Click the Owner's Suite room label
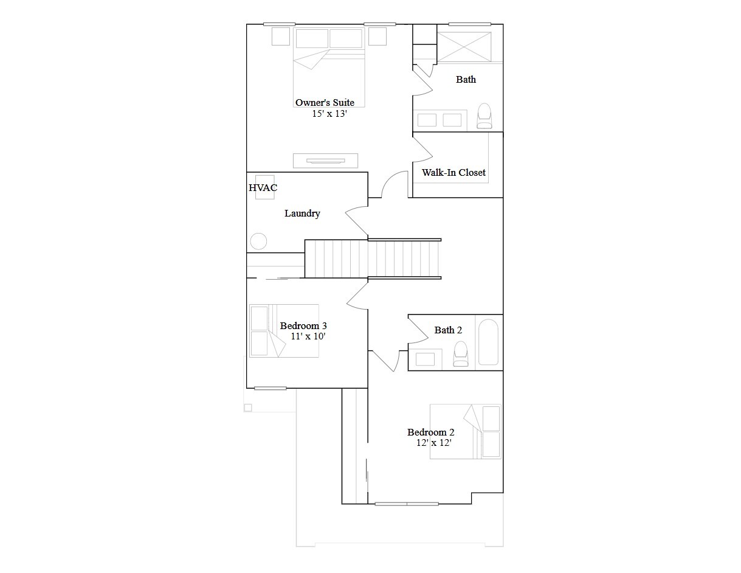pos(325,103)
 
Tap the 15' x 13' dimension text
pos(329,114)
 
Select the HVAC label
pos(263,188)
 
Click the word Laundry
pos(302,214)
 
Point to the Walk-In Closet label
pos(453,173)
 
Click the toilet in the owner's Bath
pos(484,116)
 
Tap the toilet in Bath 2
pos(461,354)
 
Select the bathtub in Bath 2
pos(488,342)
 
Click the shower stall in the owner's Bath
pos(464,47)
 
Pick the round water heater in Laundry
pos(258,241)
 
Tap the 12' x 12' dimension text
pos(433,443)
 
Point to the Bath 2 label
pos(448,330)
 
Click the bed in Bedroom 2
pos(466,431)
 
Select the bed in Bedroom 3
pos(284,331)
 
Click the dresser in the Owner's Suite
pos(325,161)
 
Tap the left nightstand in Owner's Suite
pos(280,36)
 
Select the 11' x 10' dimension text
pos(308,336)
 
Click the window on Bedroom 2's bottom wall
pos(407,504)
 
